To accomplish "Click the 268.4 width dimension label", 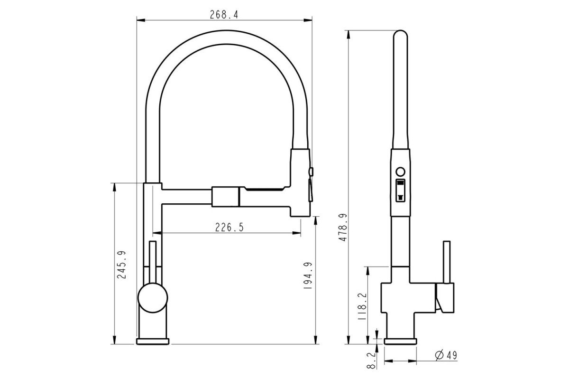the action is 224,15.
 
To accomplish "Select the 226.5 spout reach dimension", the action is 229,227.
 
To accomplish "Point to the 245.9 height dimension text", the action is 122,265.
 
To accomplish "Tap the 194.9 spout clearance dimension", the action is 308,275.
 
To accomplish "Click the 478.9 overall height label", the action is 343,227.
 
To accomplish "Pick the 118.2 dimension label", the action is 363,306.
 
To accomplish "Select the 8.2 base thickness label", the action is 371,361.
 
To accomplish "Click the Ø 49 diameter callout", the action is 446,355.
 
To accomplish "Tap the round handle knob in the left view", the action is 153,298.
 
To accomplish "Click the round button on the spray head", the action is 401,171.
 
